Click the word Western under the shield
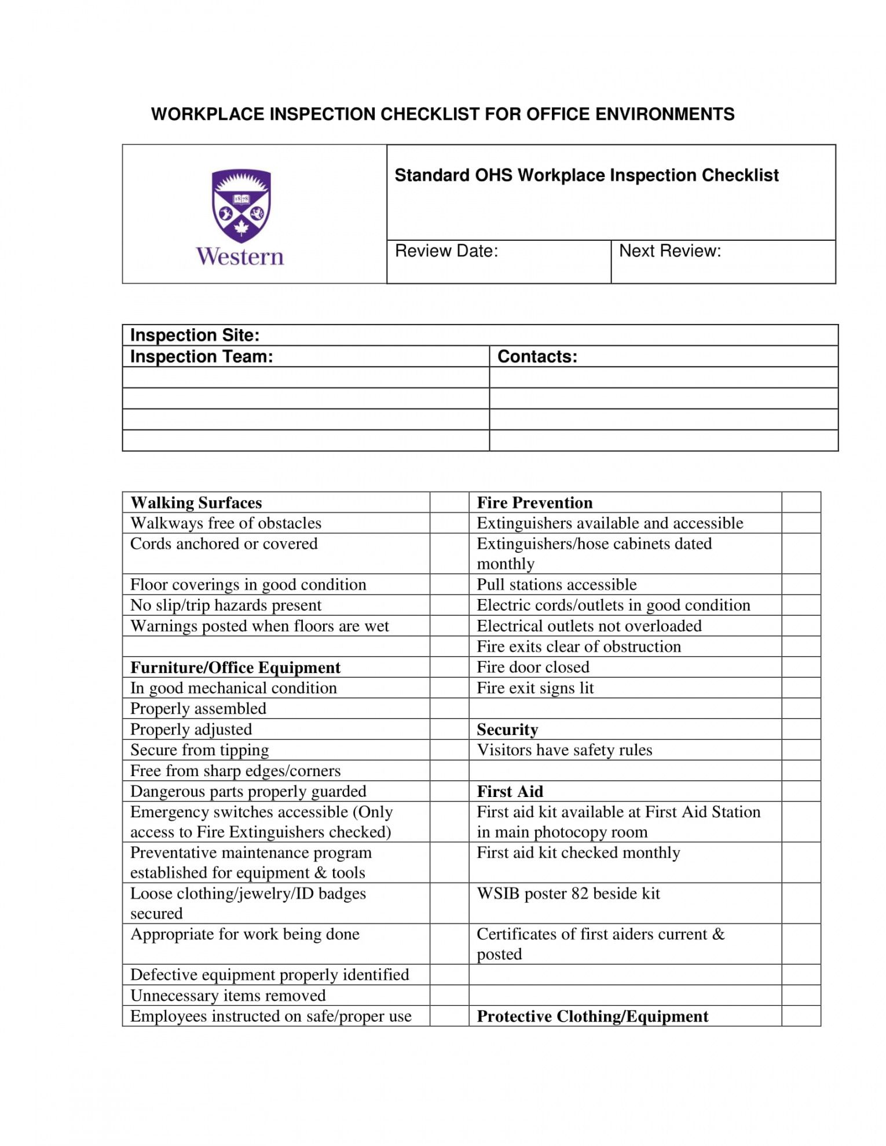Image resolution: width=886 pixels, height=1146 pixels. pyautogui.click(x=240, y=257)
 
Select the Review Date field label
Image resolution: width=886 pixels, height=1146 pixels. pyautogui.click(x=446, y=251)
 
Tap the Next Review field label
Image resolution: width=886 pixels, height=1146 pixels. pyautogui.click(x=669, y=251)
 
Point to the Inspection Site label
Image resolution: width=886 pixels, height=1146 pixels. pyautogui.click(x=195, y=335)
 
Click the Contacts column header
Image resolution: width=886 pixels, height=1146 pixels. pyautogui.click(x=537, y=357)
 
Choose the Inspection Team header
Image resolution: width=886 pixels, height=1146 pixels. pyautogui.click(x=201, y=357)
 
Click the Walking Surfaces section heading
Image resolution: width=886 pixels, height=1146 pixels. pyautogui.click(x=196, y=502)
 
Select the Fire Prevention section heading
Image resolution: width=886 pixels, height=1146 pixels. pyautogui.click(x=534, y=502)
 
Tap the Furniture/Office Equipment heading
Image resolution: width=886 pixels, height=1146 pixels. pyautogui.click(x=235, y=667)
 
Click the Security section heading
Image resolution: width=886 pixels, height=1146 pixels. pyautogui.click(x=507, y=729)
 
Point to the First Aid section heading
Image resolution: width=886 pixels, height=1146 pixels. pyautogui.click(x=510, y=791)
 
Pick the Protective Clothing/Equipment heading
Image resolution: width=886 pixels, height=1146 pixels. pyautogui.click(x=592, y=1016)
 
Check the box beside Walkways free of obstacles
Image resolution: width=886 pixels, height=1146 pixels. pyautogui.click(x=449, y=523)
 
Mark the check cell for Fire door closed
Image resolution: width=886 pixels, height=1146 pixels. pyautogui.click(x=800, y=667)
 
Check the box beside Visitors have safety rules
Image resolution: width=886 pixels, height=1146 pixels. pyautogui.click(x=800, y=750)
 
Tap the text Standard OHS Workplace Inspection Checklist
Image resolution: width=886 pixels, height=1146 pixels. pyautogui.click(x=586, y=175)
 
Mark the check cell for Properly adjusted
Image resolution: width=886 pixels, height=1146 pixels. pyautogui.click(x=449, y=729)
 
